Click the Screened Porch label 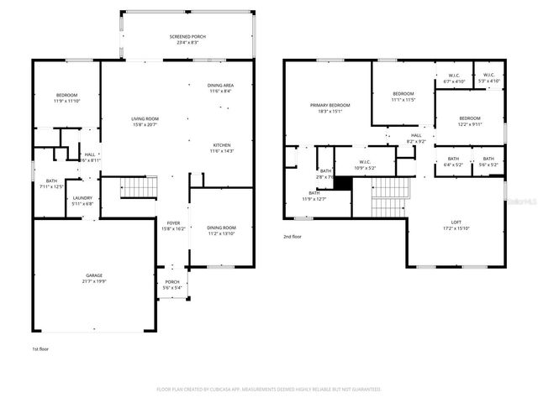(187, 37)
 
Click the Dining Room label (221, 228)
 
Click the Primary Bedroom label (330, 105)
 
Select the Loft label (456, 222)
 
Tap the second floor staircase (389, 200)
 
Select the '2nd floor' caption (293, 238)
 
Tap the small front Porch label (171, 281)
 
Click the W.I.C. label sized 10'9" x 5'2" (365, 162)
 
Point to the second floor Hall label (415, 135)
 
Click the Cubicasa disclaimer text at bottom (269, 390)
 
